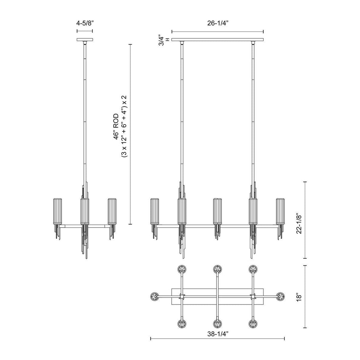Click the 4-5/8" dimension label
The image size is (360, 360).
85,23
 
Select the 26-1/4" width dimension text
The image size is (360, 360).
218,23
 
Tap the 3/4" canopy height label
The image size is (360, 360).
162,40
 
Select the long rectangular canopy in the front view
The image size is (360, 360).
218,39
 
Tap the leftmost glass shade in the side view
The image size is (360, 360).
58,212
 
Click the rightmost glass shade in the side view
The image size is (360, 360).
112,212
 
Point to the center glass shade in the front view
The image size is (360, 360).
218,212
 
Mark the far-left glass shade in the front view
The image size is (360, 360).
155,212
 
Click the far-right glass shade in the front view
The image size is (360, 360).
280,212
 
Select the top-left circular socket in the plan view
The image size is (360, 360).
182,269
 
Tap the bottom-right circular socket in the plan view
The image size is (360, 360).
253,324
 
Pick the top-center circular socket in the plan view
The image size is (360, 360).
218,269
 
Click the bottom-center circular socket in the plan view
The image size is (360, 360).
218,324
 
